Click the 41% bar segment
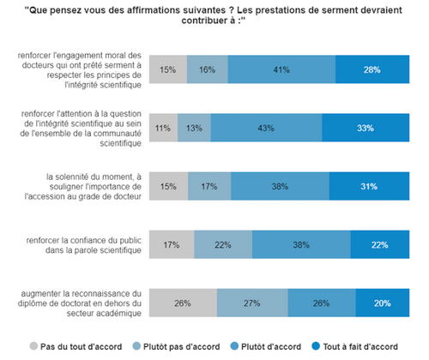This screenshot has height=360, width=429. tap(281, 69)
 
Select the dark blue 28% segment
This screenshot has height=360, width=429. tap(372, 69)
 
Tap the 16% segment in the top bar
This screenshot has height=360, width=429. tap(208, 69)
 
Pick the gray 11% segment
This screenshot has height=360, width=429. tap(163, 128)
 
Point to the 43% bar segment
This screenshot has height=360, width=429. tap(266, 128)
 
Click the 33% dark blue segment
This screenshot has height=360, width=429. tap(366, 128)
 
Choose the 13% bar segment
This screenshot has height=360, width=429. tap(194, 128)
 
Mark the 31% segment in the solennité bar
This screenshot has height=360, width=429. tap(369, 186)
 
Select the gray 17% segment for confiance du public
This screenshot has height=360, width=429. tap(172, 244)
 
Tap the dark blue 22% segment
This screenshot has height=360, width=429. tap(380, 244)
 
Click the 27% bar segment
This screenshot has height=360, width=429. tap(252, 303)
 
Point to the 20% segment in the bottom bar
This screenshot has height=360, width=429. tap(383, 303)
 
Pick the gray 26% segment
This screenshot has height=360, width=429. tap(183, 303)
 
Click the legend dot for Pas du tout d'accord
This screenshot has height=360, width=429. tap(33, 346)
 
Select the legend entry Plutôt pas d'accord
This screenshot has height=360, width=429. tap(177, 346)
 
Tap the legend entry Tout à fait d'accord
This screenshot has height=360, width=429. tap(354, 346)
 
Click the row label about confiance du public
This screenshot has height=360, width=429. tap(84, 245)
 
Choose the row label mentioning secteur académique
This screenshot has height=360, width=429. tap(80, 303)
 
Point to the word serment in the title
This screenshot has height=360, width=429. tap(338, 10)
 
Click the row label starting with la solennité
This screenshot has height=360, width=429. tap(83, 187)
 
